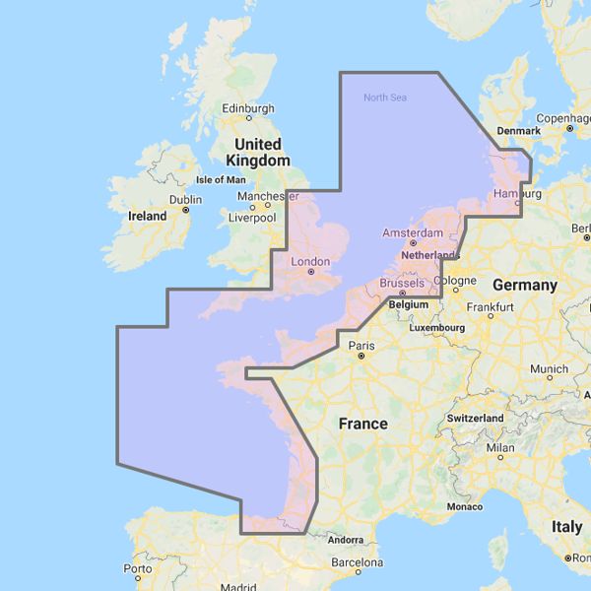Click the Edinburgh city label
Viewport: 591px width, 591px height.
(247, 108)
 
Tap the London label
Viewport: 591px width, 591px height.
(310, 263)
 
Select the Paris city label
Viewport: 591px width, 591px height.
(361, 346)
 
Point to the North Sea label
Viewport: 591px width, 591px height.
(384, 97)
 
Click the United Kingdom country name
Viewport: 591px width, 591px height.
(257, 152)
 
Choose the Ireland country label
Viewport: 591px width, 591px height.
(147, 215)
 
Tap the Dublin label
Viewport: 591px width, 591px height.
(185, 199)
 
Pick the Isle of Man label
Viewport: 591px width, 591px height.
(221, 180)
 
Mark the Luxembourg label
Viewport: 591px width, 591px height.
(437, 327)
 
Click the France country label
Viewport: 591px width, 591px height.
(362, 424)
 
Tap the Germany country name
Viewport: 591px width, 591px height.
(525, 285)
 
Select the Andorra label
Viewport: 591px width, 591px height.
(346, 540)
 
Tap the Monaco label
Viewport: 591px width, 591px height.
(464, 506)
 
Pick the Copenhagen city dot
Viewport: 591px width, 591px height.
(568, 128)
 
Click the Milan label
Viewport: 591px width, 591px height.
(499, 447)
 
